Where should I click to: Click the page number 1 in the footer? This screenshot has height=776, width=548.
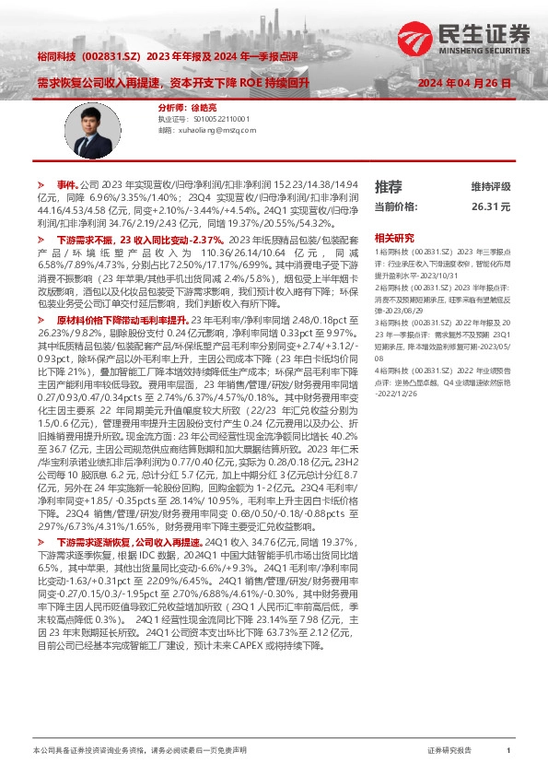pyautogui.click(x=508, y=752)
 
